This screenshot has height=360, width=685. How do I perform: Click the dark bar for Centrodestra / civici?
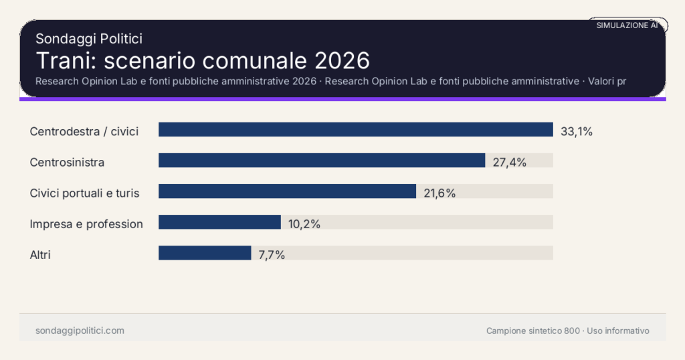tap(355, 130)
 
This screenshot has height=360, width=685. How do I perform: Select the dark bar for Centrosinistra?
tap(321, 161)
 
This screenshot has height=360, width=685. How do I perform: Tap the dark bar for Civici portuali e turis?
tap(287, 191)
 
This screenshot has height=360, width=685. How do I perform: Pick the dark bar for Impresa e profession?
tap(219, 222)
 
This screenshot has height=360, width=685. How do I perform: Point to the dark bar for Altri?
tap(205, 253)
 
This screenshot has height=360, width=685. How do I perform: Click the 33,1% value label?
tap(577, 131)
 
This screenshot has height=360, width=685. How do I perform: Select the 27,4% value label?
tap(510, 162)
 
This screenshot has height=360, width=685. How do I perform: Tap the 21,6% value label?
tap(439, 193)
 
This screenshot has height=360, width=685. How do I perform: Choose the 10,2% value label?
tap(304, 223)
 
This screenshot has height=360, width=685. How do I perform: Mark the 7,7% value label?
tap(272, 254)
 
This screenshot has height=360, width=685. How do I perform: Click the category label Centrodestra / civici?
tap(84, 131)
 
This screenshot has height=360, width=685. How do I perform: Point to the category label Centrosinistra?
tap(67, 162)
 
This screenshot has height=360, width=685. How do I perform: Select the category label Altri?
tap(40, 254)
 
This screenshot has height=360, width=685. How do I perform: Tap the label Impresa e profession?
tap(86, 223)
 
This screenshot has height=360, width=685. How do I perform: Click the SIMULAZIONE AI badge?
tap(627, 25)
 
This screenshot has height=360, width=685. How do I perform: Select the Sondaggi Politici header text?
tap(89, 39)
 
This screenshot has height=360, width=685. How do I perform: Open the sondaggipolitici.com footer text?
tap(80, 331)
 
